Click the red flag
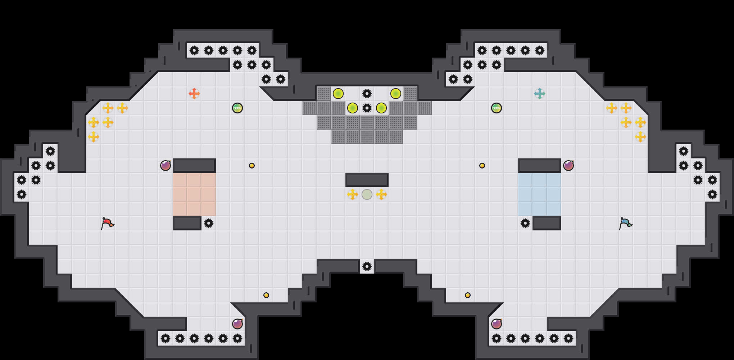coord(107,223)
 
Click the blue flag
coord(625,223)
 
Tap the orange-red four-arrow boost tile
coord(194,94)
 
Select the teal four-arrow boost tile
coord(540,94)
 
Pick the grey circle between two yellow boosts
coord(367,194)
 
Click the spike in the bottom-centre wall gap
coord(367,266)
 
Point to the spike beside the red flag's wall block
coord(209,223)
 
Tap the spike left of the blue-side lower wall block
coord(525,223)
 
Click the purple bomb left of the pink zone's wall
coord(166,166)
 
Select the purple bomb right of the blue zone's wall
coord(568,166)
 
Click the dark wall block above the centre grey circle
coord(367,180)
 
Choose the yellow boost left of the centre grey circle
coord(353,194)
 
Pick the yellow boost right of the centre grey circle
coord(381,194)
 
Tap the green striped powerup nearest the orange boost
coord(237,108)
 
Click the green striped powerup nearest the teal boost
coord(497,108)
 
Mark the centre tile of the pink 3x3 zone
coord(194,194)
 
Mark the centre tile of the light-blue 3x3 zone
coord(540,194)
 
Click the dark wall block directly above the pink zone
coord(194,166)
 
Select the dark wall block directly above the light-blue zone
coord(540,166)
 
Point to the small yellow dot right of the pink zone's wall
coord(252,166)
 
